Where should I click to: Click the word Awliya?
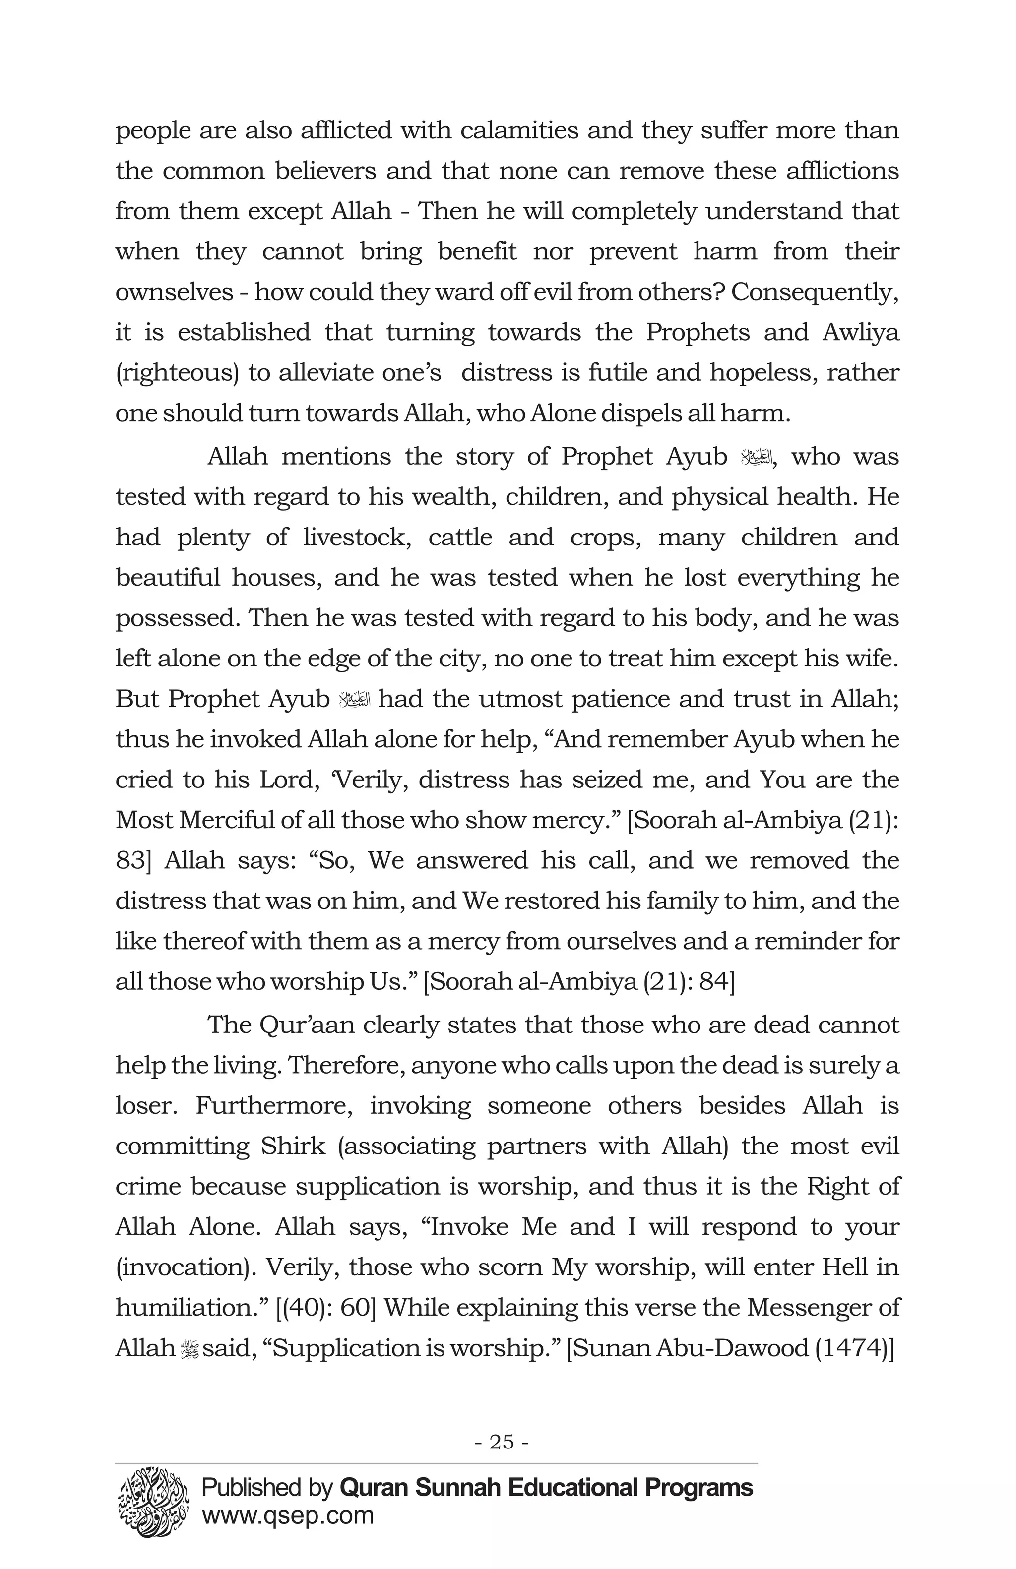[860, 332]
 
